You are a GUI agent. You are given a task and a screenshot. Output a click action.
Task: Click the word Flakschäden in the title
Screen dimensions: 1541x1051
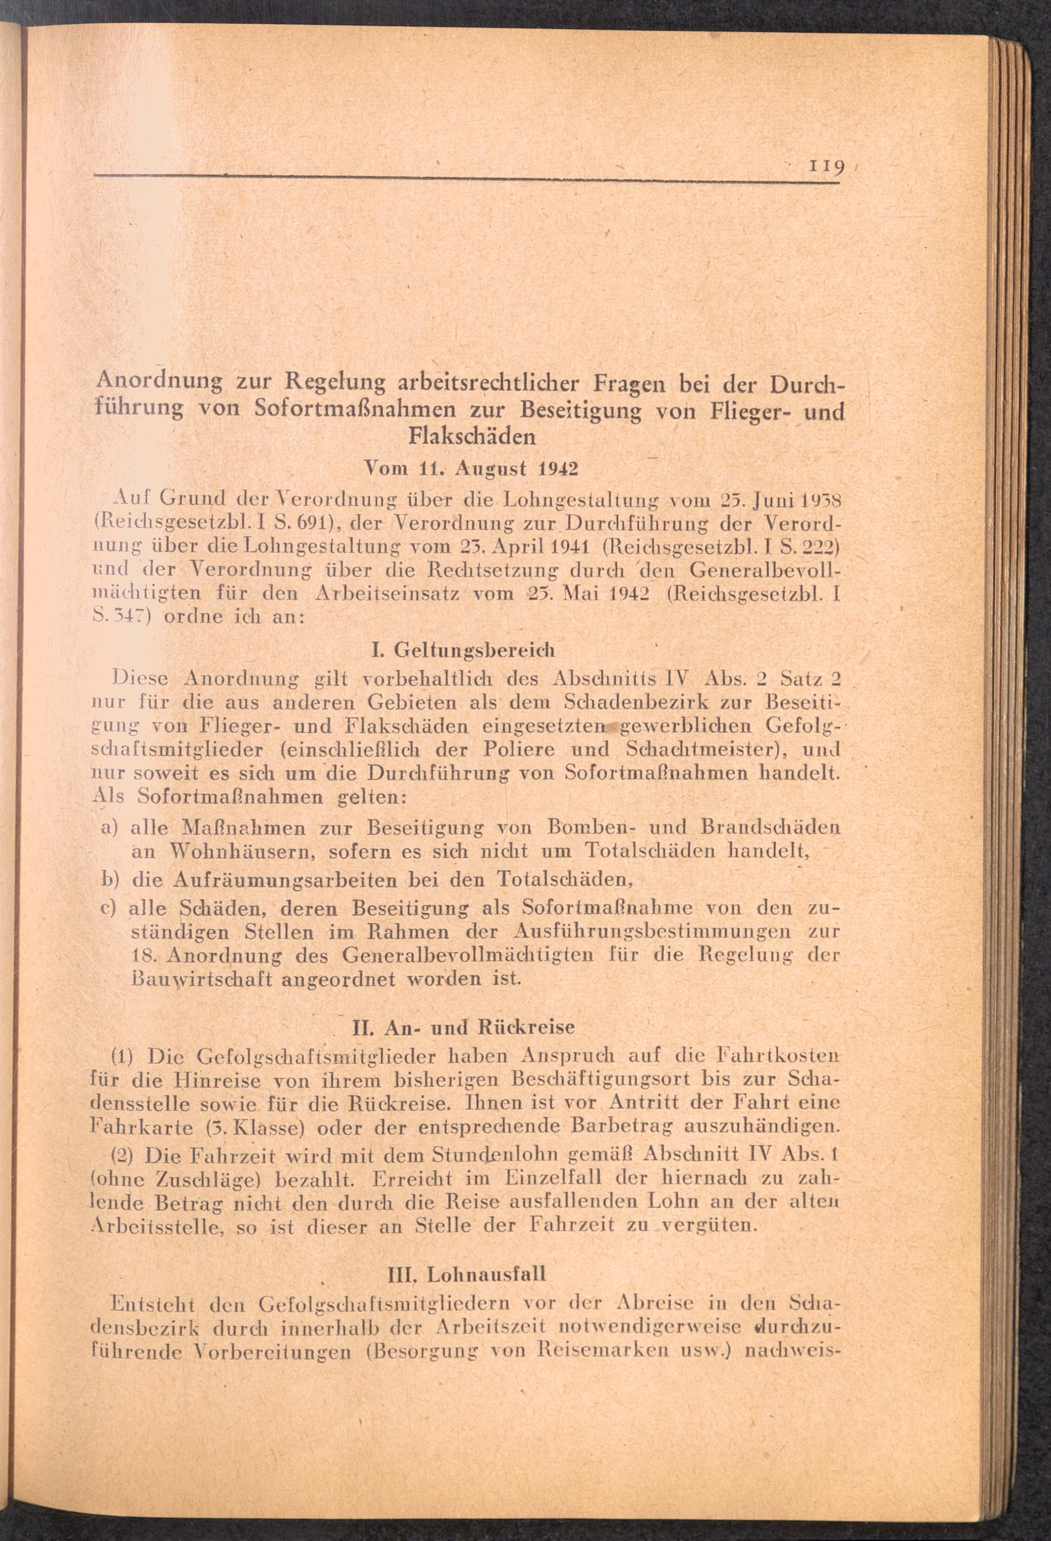coord(472,436)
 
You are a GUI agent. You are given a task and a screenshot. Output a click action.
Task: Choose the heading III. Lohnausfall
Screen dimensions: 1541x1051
coord(467,1274)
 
